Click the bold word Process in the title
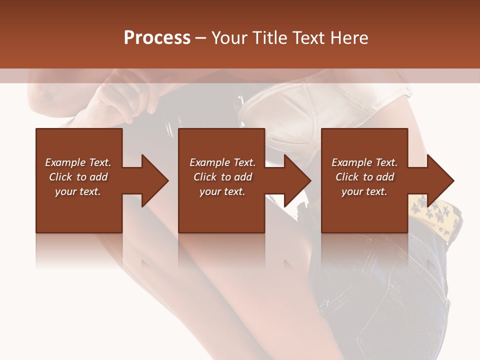157,38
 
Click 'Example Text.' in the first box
78,162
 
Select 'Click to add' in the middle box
222,177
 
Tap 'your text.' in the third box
364,191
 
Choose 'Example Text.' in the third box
364,162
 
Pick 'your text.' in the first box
78,191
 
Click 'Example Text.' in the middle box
222,162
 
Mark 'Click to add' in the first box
78,177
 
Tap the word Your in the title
229,38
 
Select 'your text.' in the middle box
222,191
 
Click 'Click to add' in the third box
364,177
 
